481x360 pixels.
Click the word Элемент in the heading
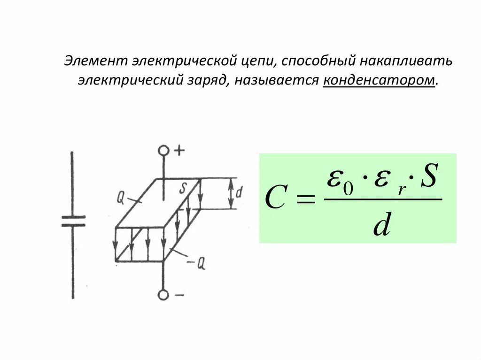[x=95, y=61]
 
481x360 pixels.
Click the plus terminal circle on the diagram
[x=163, y=151]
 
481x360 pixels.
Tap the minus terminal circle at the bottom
[x=163, y=295]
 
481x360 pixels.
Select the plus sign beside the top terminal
[x=179, y=150]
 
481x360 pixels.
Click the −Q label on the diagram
[x=197, y=264]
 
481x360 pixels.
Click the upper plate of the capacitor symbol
[x=73, y=217]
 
